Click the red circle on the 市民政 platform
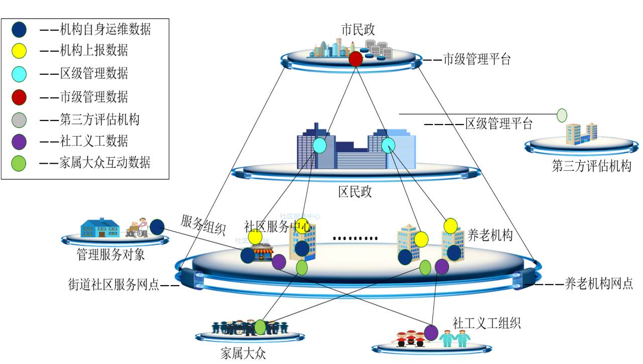tap(356, 58)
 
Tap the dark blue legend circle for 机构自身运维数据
tap(19, 30)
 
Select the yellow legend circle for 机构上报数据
tap(19, 51)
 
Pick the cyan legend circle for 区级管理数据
tap(19, 74)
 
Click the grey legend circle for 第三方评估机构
tap(19, 120)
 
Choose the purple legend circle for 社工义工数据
tap(19, 142)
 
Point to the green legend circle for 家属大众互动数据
tap(19, 163)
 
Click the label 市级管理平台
tap(476, 60)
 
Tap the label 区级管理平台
tap(498, 124)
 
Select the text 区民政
tap(355, 192)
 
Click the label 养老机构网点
tap(598, 284)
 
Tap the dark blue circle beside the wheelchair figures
tap(157, 226)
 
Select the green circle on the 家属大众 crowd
tap(260, 327)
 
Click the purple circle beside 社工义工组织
tap(431, 332)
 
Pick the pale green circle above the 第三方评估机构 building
tap(562, 115)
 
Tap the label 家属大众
tap(243, 353)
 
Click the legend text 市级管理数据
tap(94, 97)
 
